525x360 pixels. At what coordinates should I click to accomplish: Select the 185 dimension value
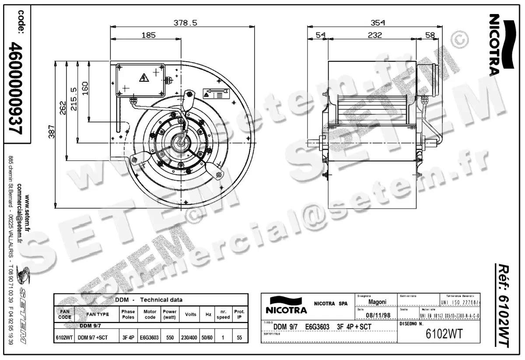click(x=148, y=35)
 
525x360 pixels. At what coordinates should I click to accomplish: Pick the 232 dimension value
click(x=374, y=35)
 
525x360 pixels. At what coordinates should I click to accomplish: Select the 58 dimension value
click(x=430, y=35)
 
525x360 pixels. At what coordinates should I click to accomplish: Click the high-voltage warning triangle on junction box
click(x=143, y=78)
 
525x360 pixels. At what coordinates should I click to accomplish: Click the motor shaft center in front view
click(x=181, y=143)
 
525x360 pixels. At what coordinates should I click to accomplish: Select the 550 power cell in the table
click(x=169, y=338)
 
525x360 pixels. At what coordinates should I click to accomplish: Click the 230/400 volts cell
click(x=189, y=338)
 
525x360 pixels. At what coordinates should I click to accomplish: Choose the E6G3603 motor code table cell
click(x=150, y=338)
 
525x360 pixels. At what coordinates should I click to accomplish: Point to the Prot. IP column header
click(x=239, y=314)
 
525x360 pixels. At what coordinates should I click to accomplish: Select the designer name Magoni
click(x=377, y=302)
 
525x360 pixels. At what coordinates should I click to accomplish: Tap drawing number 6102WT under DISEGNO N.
click(x=444, y=334)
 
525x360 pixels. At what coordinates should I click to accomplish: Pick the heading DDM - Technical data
click(x=149, y=300)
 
